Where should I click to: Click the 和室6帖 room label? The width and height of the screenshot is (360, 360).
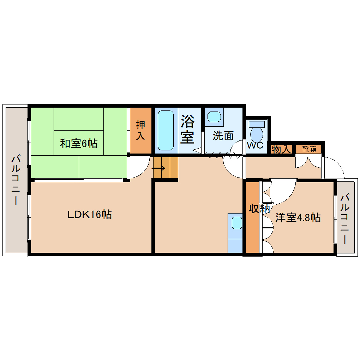click(x=78, y=144)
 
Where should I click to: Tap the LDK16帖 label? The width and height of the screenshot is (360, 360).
click(x=89, y=215)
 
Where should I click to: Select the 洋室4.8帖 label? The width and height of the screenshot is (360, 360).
click(x=297, y=217)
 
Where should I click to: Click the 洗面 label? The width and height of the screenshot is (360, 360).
click(x=222, y=136)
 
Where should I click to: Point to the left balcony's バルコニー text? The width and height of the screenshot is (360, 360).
click(x=15, y=180)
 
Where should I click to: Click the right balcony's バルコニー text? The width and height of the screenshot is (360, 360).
click(x=345, y=220)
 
